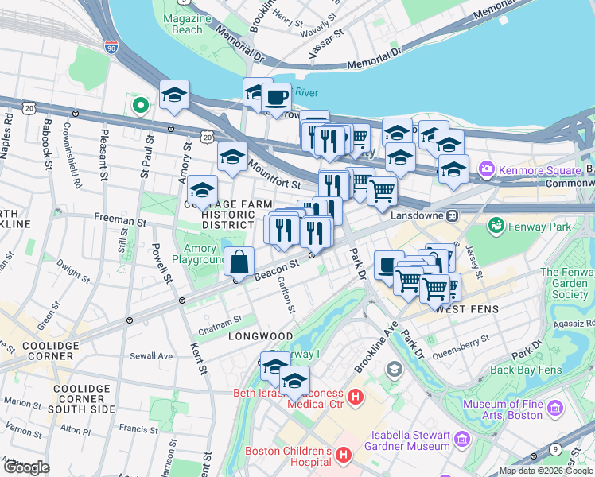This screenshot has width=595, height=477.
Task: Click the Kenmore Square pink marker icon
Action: pyautogui.click(x=485, y=169)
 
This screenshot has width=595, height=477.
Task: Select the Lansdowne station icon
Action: pyautogui.click(x=451, y=215)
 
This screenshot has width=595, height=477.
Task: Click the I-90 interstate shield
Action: pyautogui.click(x=110, y=48)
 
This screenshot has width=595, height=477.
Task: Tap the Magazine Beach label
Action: pyautogui.click(x=188, y=23)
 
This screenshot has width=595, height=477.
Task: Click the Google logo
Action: pyautogui.click(x=25, y=467)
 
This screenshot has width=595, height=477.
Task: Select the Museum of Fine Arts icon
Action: pyautogui.click(x=555, y=409)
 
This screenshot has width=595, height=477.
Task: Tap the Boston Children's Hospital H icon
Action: pyautogui.click(x=344, y=456)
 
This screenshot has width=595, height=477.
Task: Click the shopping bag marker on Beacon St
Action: pyautogui.click(x=239, y=262)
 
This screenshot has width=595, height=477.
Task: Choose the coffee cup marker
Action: pyautogui.click(x=276, y=98)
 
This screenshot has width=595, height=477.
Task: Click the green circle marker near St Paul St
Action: pyautogui.click(x=141, y=104)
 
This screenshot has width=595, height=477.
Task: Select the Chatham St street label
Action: pyautogui.click(x=220, y=320)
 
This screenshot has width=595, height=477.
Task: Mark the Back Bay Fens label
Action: pyautogui.click(x=526, y=370)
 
